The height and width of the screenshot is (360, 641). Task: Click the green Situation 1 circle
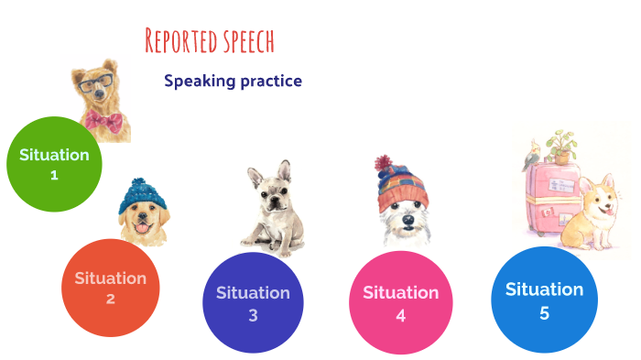pyautogui.click(x=54, y=164)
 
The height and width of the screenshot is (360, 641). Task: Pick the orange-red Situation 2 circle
pyautogui.click(x=110, y=288)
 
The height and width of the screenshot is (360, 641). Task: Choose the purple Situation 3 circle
pyautogui.click(x=253, y=302)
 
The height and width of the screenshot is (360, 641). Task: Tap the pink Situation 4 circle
pyautogui.click(x=400, y=301)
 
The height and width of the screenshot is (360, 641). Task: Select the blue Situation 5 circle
pyautogui.click(x=544, y=299)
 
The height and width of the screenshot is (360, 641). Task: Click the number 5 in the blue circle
pyautogui.click(x=544, y=312)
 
